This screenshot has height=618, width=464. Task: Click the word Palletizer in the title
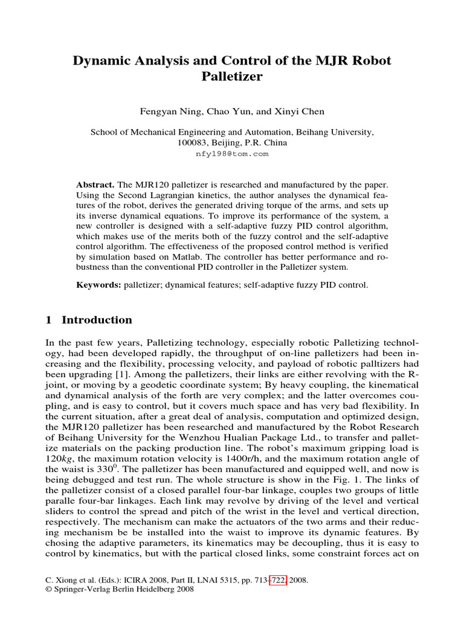coord(232,77)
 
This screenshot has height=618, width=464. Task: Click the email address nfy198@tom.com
coord(232,154)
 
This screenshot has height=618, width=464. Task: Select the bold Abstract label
coord(95,183)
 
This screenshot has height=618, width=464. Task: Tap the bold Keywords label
coord(98,284)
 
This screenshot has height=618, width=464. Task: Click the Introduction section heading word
coord(97,320)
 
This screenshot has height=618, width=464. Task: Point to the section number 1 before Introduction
coord(49,320)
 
